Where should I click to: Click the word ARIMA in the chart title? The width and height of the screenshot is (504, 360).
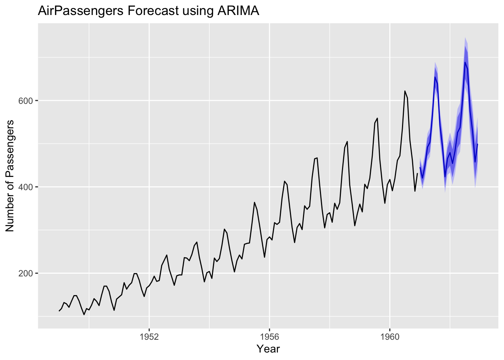click(x=238, y=11)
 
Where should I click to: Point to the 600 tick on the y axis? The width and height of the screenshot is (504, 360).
click(x=26, y=101)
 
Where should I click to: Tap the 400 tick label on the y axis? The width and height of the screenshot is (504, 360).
click(x=26, y=187)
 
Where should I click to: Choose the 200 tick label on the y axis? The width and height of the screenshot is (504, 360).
click(x=26, y=273)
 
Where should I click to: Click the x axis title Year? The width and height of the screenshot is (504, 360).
click(x=268, y=349)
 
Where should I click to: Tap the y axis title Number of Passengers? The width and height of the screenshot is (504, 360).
click(x=10, y=176)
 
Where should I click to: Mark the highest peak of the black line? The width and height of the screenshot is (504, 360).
click(x=405, y=91)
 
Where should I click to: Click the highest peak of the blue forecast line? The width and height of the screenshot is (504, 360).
click(x=465, y=62)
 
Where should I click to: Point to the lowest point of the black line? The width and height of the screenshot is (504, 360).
click(x=84, y=315)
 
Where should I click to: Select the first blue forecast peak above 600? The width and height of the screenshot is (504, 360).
click(x=435, y=77)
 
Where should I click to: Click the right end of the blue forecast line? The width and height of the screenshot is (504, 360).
click(x=477, y=144)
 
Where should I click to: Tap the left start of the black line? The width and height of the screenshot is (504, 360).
click(x=59, y=311)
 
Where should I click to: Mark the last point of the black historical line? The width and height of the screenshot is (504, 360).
click(x=417, y=173)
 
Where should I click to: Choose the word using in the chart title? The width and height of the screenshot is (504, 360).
click(x=197, y=11)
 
